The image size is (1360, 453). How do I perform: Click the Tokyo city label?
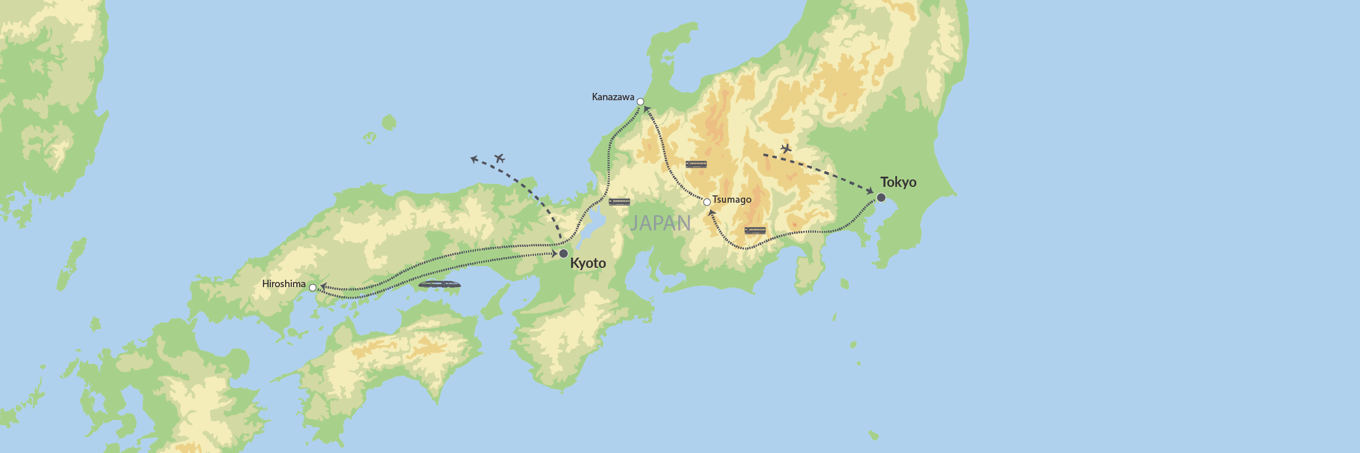[898, 182]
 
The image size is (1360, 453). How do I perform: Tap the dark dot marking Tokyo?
[881, 198]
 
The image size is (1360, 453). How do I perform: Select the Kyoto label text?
[588, 263]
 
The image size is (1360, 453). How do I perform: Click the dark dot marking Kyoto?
[563, 253]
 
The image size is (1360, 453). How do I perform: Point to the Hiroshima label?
[283, 284]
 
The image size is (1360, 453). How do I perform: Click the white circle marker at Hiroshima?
[313, 288]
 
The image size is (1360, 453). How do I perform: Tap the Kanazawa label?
[613, 97]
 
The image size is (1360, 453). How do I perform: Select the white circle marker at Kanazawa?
[640, 102]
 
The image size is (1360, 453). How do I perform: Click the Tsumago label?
[732, 199]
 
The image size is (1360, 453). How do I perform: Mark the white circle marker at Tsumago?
[707, 202]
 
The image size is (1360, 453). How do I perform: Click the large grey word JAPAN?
[660, 223]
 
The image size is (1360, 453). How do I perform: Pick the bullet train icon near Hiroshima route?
[439, 284]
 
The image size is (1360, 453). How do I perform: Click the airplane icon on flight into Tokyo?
[785, 148]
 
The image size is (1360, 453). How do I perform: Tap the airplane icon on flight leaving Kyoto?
[499, 158]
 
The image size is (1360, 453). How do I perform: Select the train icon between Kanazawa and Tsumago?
[696, 164]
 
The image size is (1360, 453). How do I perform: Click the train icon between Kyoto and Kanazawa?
[619, 202]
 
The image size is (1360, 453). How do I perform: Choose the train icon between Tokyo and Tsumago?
[755, 230]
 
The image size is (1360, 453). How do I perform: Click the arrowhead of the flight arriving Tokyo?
[871, 192]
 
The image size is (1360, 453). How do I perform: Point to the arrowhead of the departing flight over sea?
[474, 160]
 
